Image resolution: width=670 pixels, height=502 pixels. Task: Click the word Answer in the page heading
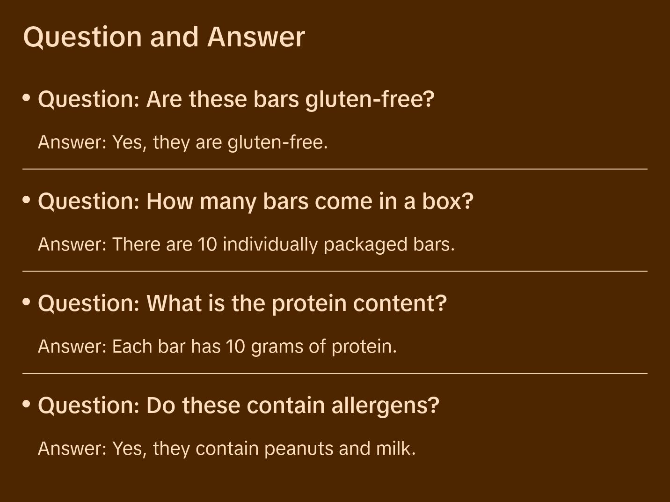pos(256,37)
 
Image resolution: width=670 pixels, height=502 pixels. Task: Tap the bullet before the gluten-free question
pos(27,98)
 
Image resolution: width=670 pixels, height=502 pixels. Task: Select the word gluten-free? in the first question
pos(370,100)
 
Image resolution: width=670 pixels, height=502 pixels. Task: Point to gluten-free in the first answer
pos(277,142)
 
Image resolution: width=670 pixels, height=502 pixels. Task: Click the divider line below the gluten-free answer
pos(335,169)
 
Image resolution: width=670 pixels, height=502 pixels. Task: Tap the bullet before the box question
pos(27,200)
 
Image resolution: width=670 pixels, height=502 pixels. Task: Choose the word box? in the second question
pos(448,201)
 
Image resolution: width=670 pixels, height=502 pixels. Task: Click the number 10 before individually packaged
pos(207,244)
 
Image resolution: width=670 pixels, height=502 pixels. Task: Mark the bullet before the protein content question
pos(27,302)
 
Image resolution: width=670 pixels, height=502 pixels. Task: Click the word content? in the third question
pos(400,303)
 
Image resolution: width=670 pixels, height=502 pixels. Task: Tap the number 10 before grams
pos(235,347)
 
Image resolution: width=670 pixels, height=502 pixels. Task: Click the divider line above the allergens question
pos(335,373)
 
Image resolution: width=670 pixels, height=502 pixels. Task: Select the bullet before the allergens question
pos(27,404)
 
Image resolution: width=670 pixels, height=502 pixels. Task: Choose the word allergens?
pos(386,406)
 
